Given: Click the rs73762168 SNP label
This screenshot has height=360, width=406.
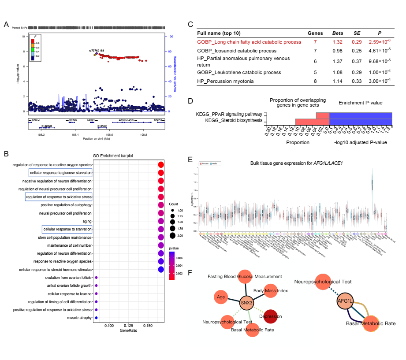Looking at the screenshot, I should click(97, 51).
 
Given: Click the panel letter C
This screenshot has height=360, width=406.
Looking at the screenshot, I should click(190, 25).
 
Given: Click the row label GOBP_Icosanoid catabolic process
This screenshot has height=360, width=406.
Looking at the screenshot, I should click(237, 51).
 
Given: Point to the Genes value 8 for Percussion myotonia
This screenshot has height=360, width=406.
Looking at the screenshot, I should click(315, 81).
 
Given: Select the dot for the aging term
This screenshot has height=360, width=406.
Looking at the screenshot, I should click(160, 221).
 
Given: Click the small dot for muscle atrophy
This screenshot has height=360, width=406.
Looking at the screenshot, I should click(96, 317).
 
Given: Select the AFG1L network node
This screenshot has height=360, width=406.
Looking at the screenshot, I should click(346, 301).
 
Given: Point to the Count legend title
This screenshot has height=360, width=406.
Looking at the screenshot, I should click(174, 204).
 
